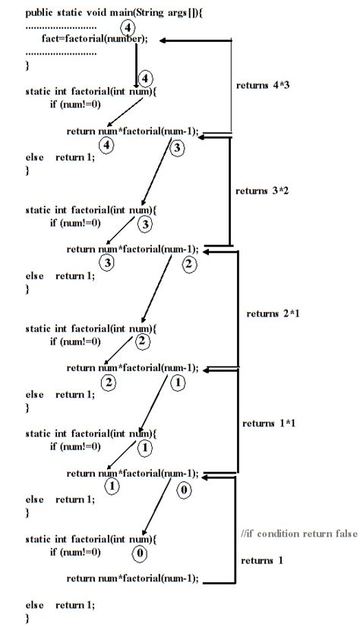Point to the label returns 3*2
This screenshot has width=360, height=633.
pos(262,191)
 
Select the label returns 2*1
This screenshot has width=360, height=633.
pos(273,313)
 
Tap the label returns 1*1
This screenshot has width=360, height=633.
pos(268,423)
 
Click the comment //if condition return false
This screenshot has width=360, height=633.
pos(298,534)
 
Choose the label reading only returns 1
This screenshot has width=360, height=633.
pos(261,560)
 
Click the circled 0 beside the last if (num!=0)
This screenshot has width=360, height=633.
pos(140,553)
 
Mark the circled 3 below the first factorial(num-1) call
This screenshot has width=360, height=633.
pos(177,148)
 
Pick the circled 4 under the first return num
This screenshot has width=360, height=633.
pos(108,146)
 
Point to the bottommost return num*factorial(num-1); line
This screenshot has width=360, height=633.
pos(132,578)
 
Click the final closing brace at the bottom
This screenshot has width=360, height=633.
pos(27,619)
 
